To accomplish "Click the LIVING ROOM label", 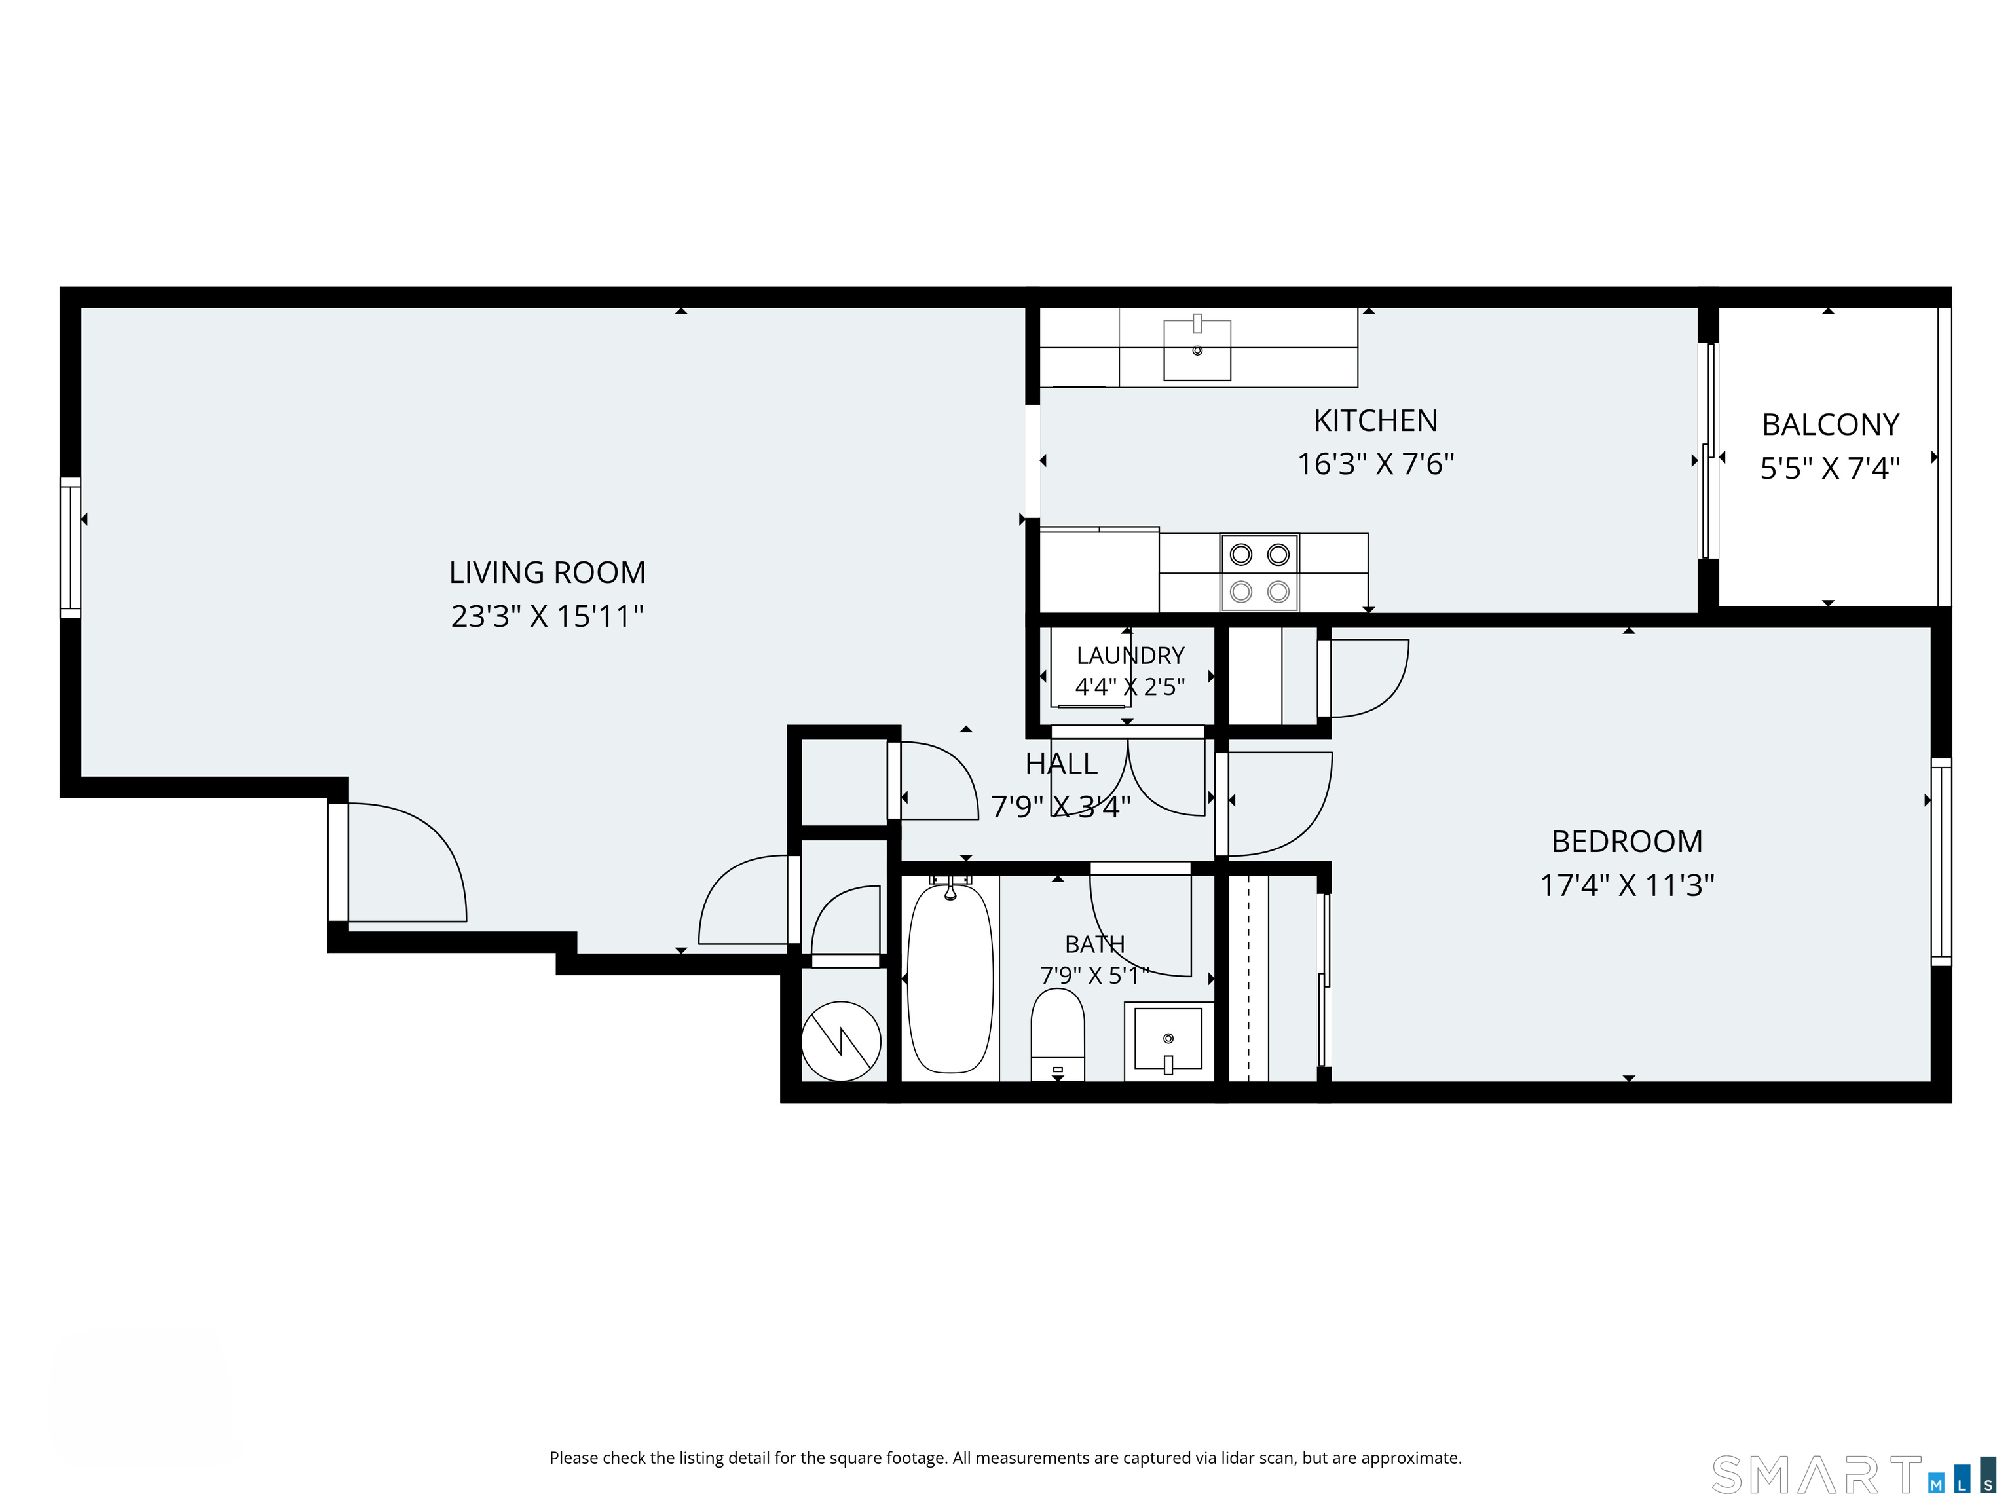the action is click(548, 572).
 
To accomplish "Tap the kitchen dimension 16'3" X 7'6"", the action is click(1375, 464).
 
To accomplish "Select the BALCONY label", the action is click(1830, 425).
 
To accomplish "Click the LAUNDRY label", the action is click(1130, 656).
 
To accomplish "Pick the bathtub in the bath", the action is click(950, 978).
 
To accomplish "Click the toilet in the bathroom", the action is click(1057, 1035).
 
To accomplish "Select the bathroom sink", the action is click(1169, 1039).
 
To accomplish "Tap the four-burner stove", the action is click(1259, 573).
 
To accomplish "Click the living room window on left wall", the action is click(70, 548).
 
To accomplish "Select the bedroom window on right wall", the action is click(1941, 861).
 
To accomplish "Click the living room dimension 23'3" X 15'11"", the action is click(548, 617).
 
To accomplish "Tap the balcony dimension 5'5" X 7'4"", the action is click(1830, 468).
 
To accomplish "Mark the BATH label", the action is click(1095, 944).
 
